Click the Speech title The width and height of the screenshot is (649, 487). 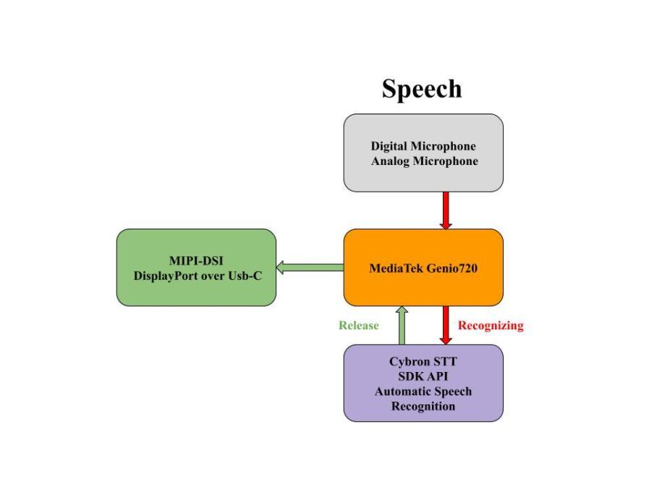pos(422,89)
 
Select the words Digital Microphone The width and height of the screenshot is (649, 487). pos(423,145)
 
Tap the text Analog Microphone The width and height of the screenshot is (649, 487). pos(424,161)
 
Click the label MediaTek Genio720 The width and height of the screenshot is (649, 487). pos(423,268)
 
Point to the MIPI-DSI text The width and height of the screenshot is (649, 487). pos(196,261)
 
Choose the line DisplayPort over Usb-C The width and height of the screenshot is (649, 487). pos(198,276)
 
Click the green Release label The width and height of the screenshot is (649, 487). pos(358,325)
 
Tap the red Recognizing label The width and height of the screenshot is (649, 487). pos(490,325)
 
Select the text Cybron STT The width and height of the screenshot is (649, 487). pos(423,361)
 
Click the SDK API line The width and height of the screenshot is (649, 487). pos(423,376)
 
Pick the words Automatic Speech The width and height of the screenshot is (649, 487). pos(423,391)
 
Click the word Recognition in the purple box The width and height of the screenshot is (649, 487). pos(423,406)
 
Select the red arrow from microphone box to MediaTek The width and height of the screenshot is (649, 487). pos(445,210)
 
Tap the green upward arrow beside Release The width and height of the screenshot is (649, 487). pos(402,325)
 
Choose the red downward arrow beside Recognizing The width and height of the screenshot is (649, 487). pos(445,325)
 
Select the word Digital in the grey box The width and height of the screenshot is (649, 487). pos(389,145)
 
